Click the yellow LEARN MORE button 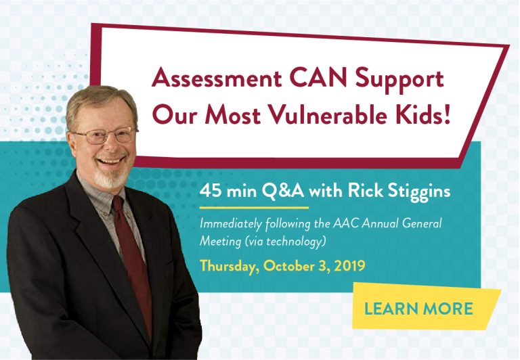tap(418, 309)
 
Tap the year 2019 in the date tap(349, 265)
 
